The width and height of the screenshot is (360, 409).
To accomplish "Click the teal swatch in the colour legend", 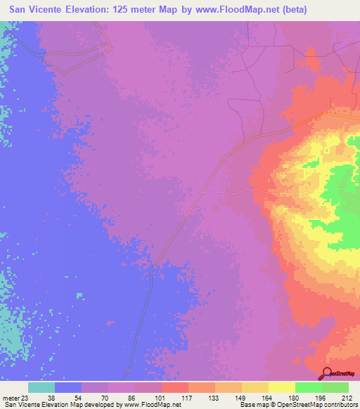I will (x=41, y=387).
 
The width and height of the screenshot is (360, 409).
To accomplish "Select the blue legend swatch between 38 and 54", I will (x=68, y=387).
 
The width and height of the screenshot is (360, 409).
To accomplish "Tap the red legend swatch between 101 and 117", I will (x=174, y=387).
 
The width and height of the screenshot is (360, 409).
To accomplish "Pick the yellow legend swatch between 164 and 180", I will (x=281, y=387).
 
